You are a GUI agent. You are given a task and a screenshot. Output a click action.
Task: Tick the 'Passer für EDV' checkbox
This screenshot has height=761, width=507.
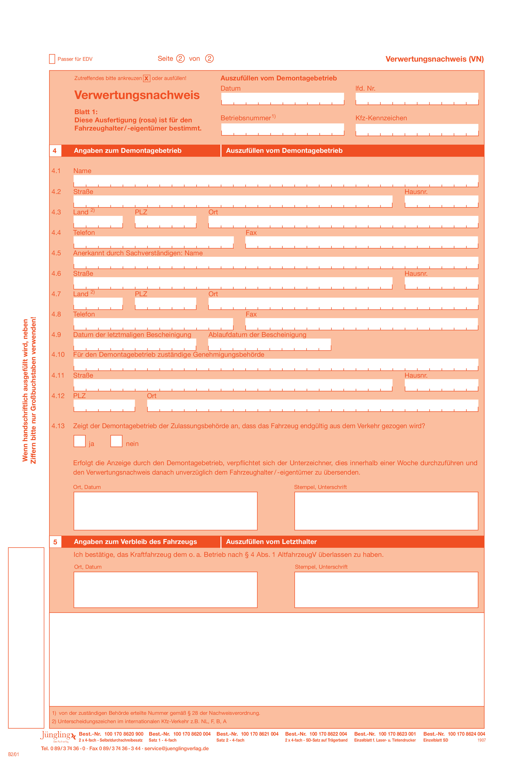52,59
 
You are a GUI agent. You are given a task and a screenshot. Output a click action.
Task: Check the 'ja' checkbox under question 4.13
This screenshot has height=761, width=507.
80,441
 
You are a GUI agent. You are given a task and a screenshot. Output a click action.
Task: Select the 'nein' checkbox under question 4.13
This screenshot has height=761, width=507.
116,441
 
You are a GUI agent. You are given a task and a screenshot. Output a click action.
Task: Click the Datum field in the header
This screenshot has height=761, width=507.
282,98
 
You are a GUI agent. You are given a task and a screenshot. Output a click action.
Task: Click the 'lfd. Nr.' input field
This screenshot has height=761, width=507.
417,98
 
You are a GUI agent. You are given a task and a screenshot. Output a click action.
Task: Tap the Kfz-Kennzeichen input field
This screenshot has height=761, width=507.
417,129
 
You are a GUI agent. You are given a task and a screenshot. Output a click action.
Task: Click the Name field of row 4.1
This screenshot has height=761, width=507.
276,181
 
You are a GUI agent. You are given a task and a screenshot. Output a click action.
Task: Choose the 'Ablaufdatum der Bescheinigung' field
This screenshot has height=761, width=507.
269,344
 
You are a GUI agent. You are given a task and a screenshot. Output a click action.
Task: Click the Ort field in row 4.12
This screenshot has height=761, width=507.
312,405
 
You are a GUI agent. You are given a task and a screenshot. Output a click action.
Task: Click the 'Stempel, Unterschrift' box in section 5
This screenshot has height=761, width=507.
386,590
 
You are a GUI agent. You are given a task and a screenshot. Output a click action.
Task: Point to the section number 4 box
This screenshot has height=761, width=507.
55,151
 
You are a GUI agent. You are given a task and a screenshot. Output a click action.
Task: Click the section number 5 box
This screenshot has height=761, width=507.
55,542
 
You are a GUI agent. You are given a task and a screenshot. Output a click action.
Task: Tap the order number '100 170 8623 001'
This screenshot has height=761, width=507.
397,734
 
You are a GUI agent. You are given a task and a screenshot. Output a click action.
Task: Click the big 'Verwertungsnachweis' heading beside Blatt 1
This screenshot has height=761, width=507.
137,95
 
